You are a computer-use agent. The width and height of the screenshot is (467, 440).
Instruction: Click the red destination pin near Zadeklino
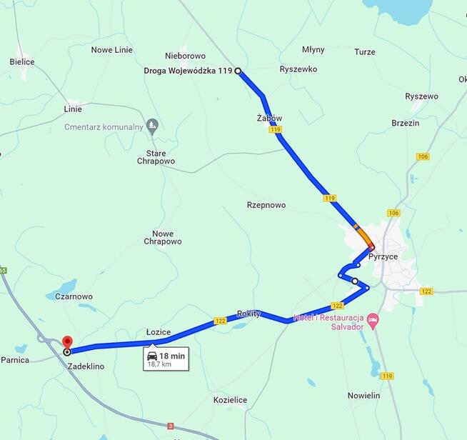coord(67,342)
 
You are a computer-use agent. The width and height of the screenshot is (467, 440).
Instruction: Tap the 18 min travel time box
coord(166,359)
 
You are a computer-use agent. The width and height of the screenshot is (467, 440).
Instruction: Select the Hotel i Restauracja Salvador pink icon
coord(372,318)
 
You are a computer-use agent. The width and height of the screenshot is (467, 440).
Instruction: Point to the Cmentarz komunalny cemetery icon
coord(151,126)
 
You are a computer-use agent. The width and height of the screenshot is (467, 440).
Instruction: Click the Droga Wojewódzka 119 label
coord(189,71)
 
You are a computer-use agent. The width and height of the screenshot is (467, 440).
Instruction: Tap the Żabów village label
coord(269,118)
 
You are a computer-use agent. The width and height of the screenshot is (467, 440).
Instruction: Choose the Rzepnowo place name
coord(266,205)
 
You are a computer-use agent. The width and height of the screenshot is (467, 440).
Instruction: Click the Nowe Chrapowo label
coord(163,238)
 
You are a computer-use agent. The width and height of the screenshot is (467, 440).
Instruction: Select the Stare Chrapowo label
coord(156,157)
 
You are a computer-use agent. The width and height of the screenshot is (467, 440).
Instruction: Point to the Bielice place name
coord(22,62)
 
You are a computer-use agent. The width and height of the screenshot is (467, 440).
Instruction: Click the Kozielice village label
coord(230,400)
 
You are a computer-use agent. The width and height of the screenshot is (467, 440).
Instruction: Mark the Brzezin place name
coord(405,123)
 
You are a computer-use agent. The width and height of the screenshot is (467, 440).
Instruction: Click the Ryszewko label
coord(298,69)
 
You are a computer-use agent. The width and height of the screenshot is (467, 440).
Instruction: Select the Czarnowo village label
coord(74,296)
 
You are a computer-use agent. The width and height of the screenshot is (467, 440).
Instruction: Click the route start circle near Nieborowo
coord(238,71)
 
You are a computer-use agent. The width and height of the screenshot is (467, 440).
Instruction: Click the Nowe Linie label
coord(112,50)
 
